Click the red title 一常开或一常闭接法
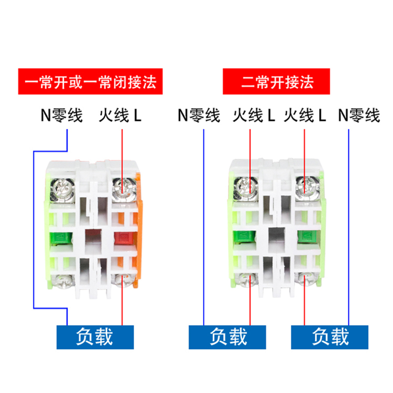90,82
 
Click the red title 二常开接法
278,82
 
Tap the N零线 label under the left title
61,116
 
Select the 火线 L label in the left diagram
120,116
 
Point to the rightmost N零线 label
359,116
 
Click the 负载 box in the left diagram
95,337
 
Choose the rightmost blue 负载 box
330,337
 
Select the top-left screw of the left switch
64,187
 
